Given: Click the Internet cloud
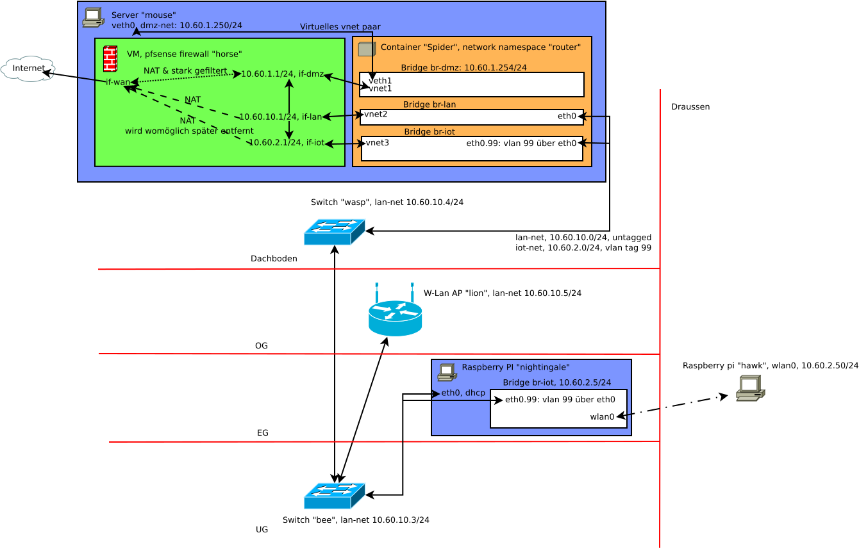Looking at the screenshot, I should [28, 69].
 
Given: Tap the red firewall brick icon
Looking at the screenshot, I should [110, 59].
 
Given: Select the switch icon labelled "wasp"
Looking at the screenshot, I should [334, 232].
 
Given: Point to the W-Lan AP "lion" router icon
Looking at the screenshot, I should [395, 311].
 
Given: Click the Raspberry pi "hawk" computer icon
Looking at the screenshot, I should [750, 388].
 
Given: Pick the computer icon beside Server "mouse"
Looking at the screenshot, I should [93, 17].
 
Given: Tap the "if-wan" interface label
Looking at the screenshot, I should [117, 82].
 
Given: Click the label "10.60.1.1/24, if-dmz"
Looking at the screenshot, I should [282, 74].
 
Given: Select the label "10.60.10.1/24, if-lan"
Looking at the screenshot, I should [280, 117].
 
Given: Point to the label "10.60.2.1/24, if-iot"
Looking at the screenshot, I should [287, 142].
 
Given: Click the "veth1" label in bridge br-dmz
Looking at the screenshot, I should [380, 81].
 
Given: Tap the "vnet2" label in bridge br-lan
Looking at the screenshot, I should [376, 114].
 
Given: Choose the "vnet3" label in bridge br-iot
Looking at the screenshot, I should [378, 142].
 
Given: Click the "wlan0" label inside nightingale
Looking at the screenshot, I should [602, 417].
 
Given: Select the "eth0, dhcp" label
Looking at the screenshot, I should [463, 393].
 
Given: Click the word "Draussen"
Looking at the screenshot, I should [690, 107].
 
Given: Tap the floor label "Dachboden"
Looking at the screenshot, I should [274, 259].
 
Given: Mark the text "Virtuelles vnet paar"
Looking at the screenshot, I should [340, 27].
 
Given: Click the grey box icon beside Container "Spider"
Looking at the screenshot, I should [366, 49].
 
